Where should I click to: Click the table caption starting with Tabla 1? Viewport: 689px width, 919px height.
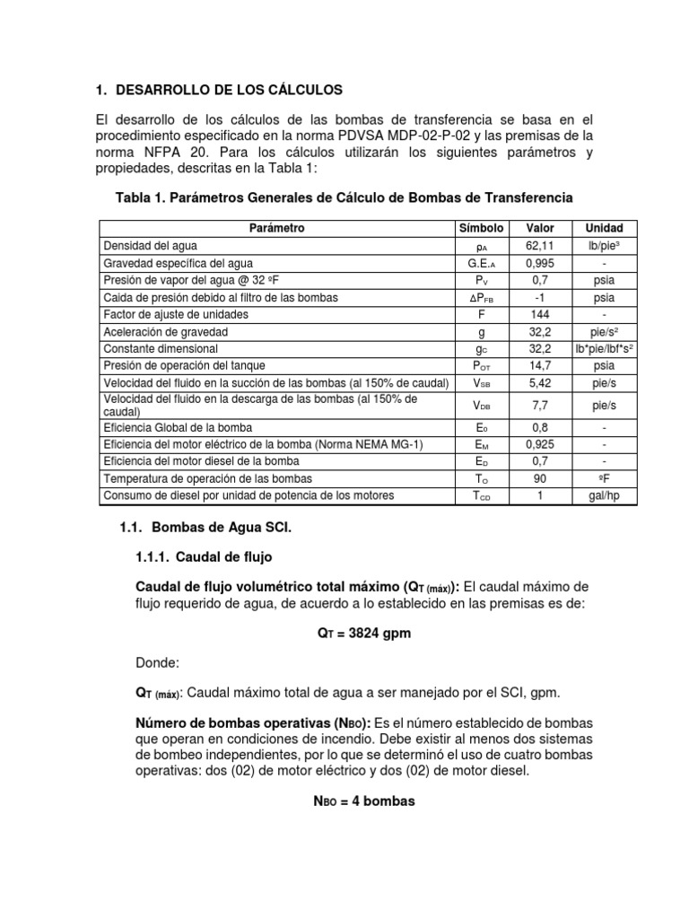click(x=344, y=197)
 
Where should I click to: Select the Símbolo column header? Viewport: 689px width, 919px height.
click(x=481, y=228)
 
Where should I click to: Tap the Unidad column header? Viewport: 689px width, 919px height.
click(x=604, y=228)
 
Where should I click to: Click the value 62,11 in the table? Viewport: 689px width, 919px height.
click(x=540, y=245)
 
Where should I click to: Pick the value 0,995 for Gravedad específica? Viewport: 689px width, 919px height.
click(x=540, y=263)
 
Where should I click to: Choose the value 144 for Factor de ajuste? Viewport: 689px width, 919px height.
click(x=540, y=314)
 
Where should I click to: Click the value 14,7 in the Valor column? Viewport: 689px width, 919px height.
click(x=540, y=365)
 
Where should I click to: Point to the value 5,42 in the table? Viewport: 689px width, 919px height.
click(x=540, y=382)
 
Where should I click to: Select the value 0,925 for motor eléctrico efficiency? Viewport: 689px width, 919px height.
click(x=540, y=444)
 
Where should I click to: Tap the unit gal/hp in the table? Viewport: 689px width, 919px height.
click(x=604, y=495)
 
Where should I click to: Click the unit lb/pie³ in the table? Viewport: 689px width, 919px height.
click(x=604, y=245)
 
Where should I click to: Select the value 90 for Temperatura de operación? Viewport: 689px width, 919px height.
click(x=540, y=478)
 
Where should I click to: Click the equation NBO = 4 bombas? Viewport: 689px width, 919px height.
click(x=358, y=801)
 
